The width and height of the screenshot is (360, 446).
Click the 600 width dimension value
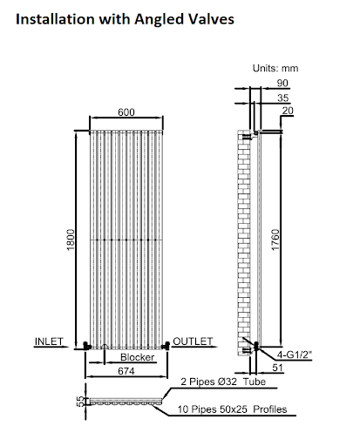coord(126,112)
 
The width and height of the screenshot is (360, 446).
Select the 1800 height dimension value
coord(71,240)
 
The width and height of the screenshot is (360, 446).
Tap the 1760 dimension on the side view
coord(275,240)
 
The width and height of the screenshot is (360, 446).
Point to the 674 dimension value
coord(126,371)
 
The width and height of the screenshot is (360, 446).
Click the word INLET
coord(49,341)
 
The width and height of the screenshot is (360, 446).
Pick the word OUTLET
coord(193,341)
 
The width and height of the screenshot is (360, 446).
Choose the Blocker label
coord(137,357)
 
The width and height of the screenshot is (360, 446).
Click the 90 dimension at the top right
coord(282,83)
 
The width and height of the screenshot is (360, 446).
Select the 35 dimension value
coord(282,98)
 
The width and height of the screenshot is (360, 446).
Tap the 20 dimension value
coord(288,111)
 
